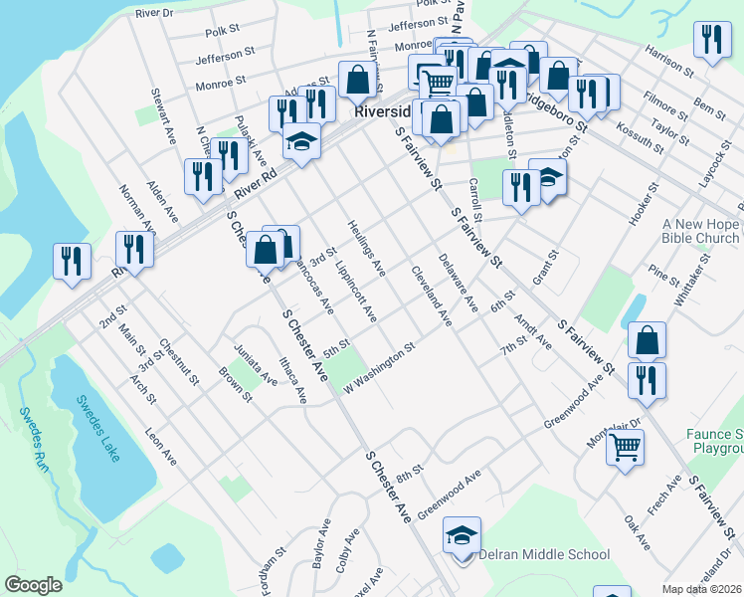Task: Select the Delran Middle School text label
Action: [x=543, y=554]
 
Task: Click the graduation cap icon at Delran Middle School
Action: [x=463, y=535]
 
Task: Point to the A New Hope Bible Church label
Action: [x=700, y=231]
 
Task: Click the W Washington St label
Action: [x=378, y=368]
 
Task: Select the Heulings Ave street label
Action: [x=366, y=248]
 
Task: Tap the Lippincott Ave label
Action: [x=356, y=293]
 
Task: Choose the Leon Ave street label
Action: [x=160, y=447]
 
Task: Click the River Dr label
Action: [x=154, y=13]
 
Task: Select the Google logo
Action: [x=34, y=585]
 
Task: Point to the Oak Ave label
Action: [x=637, y=532]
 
